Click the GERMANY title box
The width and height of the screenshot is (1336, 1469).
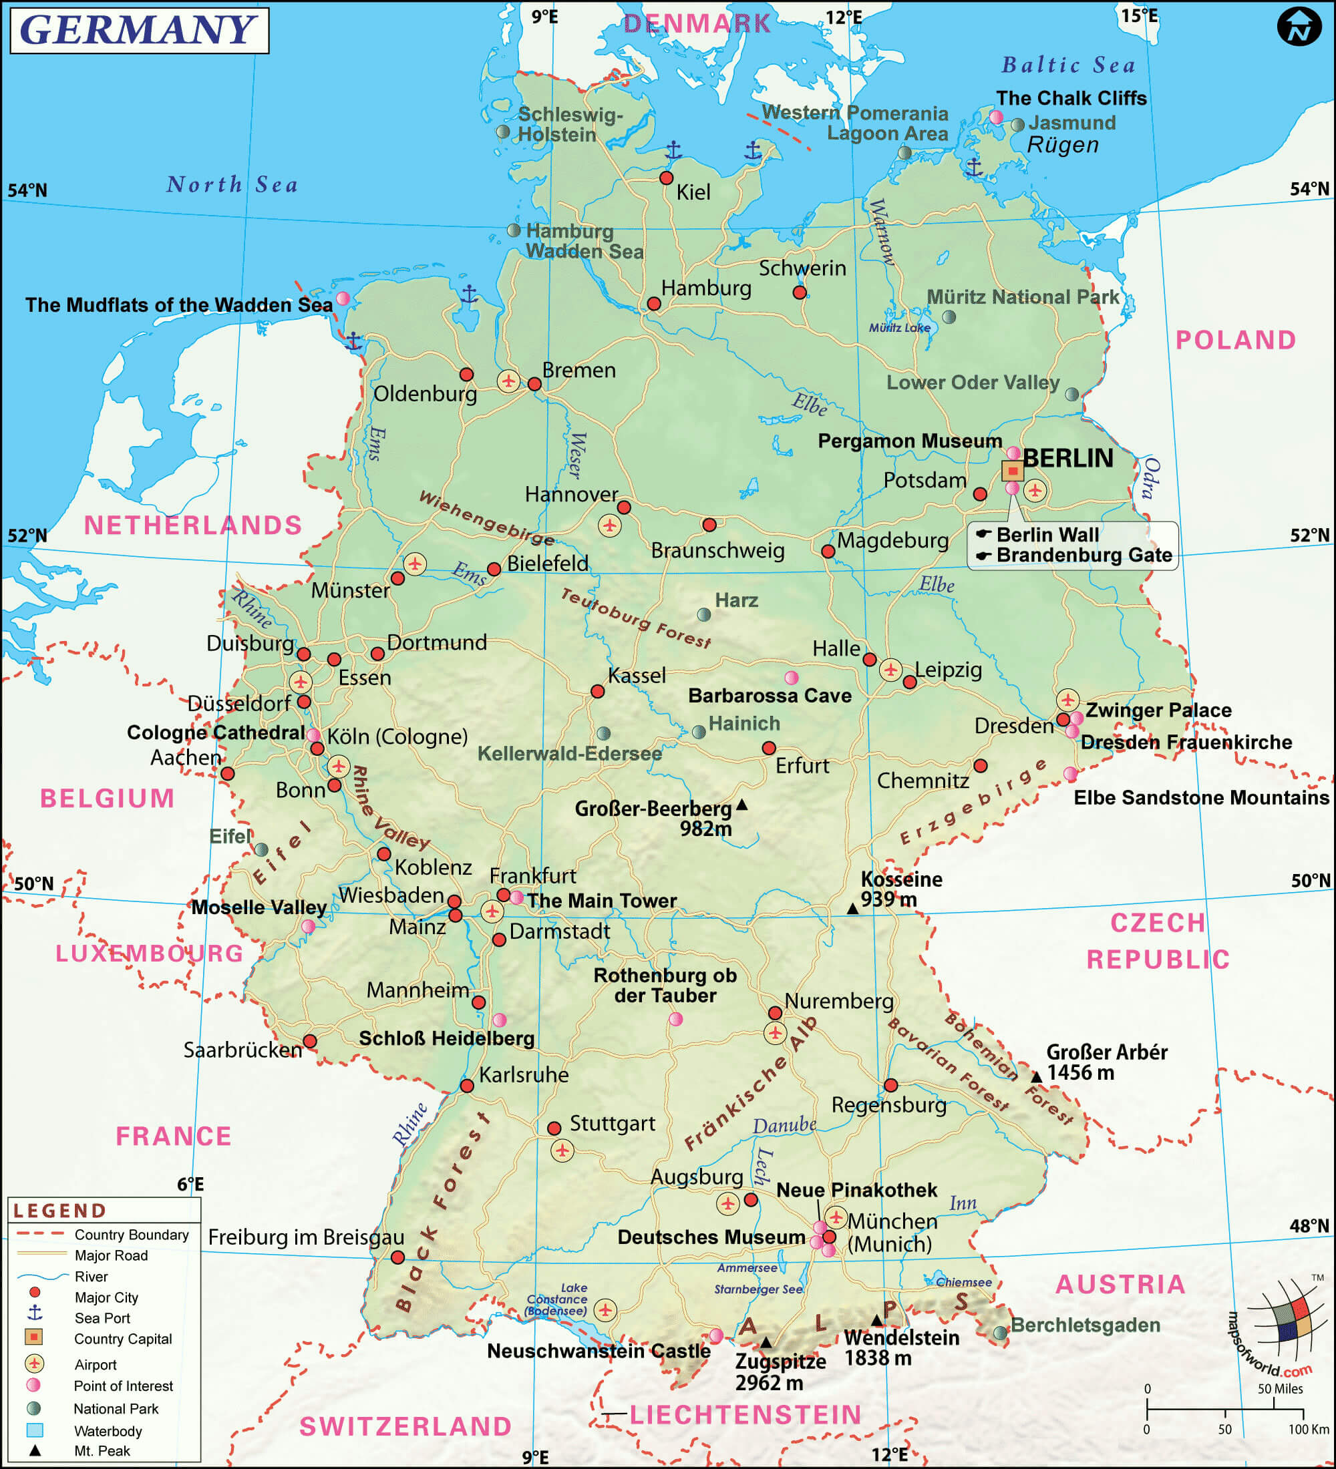point(139,30)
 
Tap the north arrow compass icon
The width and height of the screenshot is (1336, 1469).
point(1299,27)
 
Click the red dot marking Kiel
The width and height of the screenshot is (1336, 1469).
point(666,178)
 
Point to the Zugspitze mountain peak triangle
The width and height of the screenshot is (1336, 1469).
point(766,1342)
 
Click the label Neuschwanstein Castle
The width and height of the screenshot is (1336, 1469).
point(599,1351)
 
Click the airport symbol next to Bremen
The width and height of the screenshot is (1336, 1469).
point(508,381)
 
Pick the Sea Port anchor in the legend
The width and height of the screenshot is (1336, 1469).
point(34,1312)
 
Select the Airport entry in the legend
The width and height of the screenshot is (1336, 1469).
point(95,1365)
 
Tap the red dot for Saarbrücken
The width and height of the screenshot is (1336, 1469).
point(310,1040)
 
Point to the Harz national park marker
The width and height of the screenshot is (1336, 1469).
point(704,614)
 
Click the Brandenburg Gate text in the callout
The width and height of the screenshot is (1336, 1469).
point(1083,556)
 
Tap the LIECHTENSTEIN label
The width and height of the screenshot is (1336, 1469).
point(745,1415)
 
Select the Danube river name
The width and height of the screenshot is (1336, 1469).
point(784,1125)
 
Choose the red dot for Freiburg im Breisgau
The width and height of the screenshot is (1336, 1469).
point(398,1257)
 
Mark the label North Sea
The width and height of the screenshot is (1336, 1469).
point(232,185)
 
